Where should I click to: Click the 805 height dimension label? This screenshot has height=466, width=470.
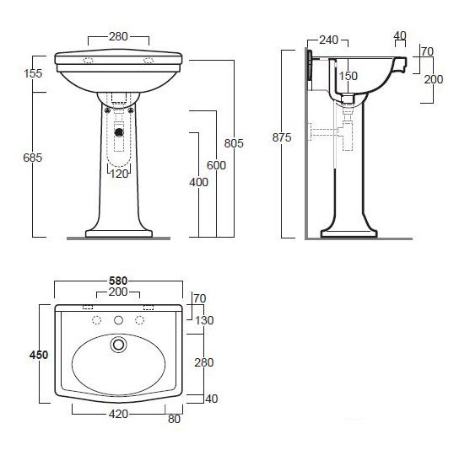[234, 143]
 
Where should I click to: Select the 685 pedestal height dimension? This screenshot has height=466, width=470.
[33, 158]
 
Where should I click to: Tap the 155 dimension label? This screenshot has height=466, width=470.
[33, 73]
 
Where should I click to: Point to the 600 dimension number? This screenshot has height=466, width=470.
[216, 165]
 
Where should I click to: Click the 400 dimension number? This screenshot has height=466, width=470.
[198, 182]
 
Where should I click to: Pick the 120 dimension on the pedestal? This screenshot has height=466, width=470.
[119, 174]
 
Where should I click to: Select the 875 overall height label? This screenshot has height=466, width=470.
[282, 137]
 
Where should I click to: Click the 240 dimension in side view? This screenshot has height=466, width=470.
[329, 40]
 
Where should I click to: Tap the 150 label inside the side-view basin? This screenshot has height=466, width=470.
[348, 76]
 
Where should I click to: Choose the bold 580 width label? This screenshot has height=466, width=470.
[118, 281]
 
